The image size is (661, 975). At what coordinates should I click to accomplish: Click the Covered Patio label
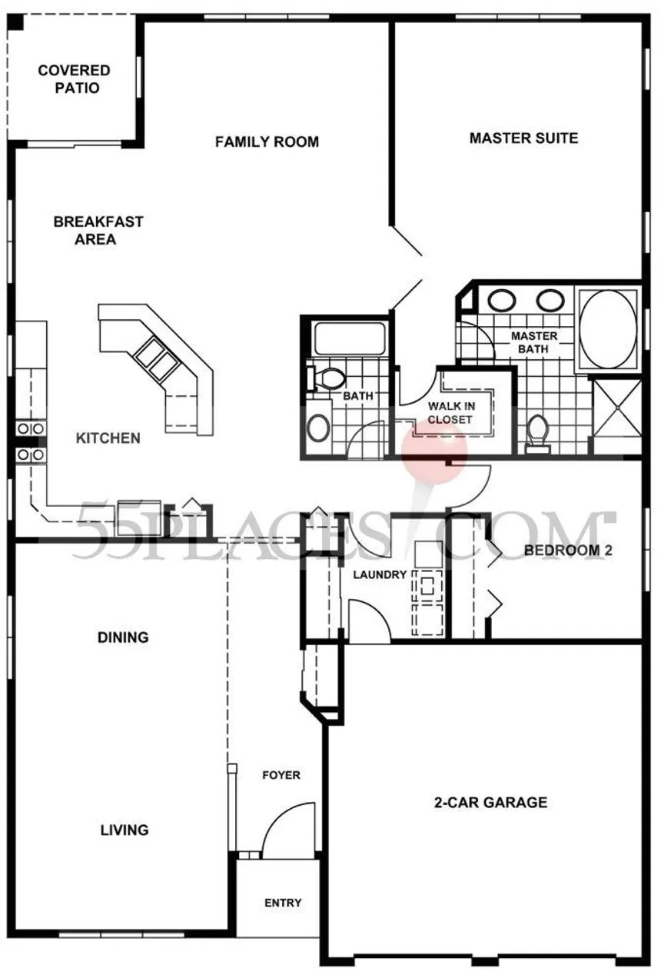click(x=74, y=78)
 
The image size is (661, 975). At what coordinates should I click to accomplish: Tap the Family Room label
click(x=267, y=141)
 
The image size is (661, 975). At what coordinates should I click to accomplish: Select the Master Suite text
click(x=523, y=138)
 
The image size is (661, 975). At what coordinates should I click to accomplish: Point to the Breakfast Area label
click(x=98, y=230)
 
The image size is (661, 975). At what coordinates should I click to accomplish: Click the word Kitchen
click(x=108, y=438)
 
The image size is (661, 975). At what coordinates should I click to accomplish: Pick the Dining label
click(x=123, y=637)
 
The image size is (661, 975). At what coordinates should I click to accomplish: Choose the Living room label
click(x=125, y=830)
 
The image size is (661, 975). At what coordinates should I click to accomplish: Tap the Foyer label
click(x=281, y=775)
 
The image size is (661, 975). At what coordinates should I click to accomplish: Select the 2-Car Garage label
click(x=490, y=802)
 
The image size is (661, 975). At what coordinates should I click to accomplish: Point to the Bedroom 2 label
click(x=568, y=551)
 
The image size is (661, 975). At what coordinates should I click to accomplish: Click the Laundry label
click(x=380, y=574)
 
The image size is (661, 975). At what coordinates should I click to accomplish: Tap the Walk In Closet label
click(x=451, y=413)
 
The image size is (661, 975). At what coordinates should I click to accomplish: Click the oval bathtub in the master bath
click(x=608, y=329)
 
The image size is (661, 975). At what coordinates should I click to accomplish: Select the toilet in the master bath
click(x=537, y=434)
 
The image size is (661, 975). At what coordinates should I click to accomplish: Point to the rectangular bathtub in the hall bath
click(x=350, y=338)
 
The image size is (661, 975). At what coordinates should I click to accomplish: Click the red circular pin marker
click(x=434, y=450)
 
